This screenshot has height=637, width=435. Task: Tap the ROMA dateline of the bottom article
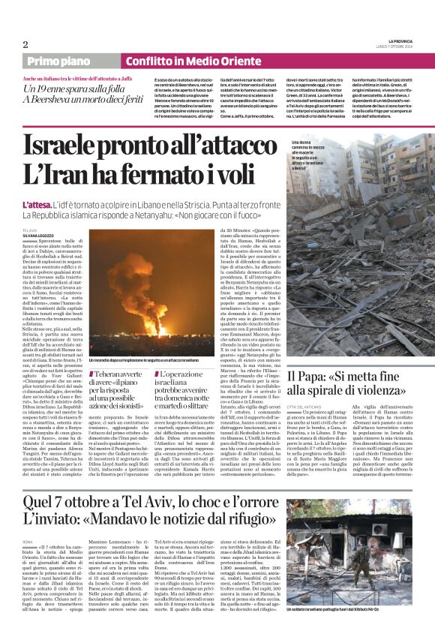click(28, 541)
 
